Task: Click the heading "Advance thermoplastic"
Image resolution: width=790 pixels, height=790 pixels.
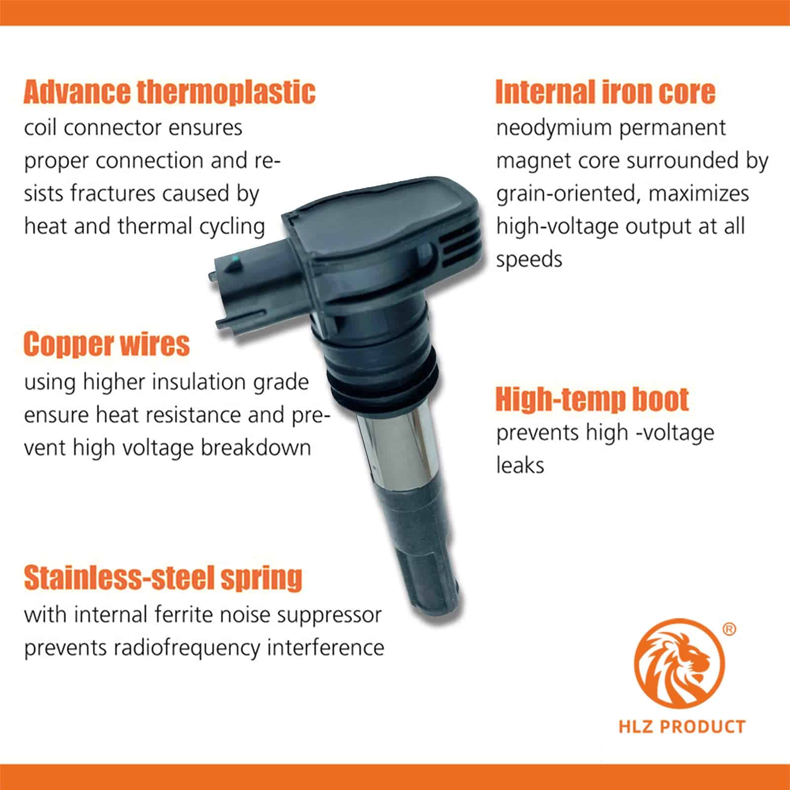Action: click(169, 92)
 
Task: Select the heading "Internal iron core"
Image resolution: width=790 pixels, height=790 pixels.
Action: click(605, 92)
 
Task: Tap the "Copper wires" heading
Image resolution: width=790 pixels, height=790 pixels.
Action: click(107, 345)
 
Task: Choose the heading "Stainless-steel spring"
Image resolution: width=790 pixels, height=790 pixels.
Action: click(163, 578)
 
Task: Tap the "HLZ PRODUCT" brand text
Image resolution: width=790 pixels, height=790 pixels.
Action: click(682, 727)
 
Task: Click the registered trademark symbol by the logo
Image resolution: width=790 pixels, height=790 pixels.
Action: click(729, 630)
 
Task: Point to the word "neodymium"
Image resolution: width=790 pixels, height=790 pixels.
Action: click(554, 128)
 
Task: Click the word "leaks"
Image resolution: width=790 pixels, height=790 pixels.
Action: click(520, 466)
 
